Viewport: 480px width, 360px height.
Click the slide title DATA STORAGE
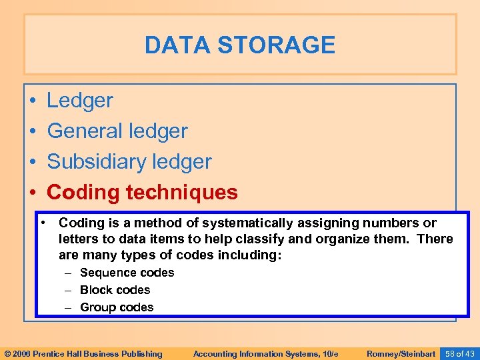click(x=240, y=45)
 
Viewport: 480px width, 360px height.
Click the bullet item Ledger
click(x=80, y=101)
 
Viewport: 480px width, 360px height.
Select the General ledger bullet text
click(x=117, y=131)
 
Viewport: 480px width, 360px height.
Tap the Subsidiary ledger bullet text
click(x=129, y=162)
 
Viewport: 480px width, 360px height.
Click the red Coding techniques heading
click(x=142, y=193)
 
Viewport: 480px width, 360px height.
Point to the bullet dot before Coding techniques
click(x=33, y=193)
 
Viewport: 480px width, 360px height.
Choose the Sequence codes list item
click(x=127, y=273)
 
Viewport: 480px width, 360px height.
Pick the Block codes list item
click(x=115, y=290)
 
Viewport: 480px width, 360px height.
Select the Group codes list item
click(x=117, y=307)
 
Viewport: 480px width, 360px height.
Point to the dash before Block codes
click(x=68, y=290)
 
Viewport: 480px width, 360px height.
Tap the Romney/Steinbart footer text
click(x=401, y=353)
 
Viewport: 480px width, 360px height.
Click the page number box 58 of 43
click(x=460, y=353)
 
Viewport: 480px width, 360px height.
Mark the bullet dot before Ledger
click(x=33, y=101)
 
